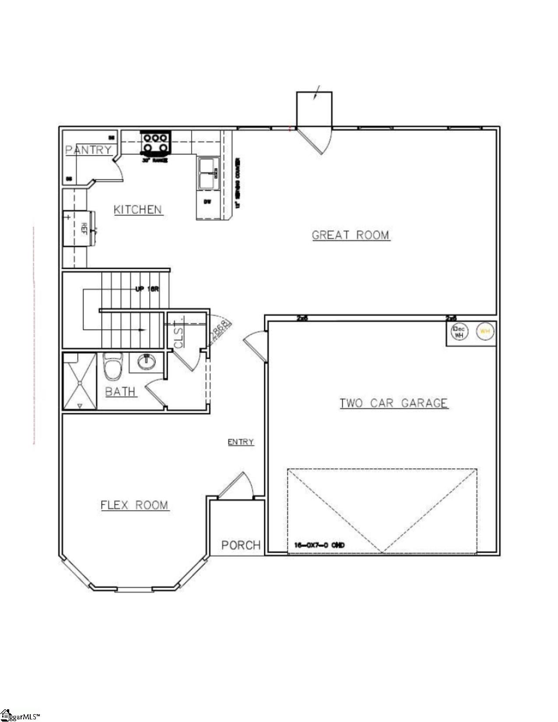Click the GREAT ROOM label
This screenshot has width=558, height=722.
(351, 235)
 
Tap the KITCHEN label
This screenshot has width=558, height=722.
(138, 210)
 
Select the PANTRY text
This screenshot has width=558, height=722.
(88, 150)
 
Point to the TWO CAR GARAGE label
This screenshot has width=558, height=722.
(394, 403)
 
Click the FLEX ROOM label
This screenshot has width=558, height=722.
(135, 505)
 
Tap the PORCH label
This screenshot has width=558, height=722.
(241, 545)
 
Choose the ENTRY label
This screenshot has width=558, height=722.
(241, 442)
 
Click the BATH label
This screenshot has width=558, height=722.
(120, 392)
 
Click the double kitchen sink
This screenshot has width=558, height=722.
(207, 174)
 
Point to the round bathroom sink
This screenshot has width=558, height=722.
(147, 362)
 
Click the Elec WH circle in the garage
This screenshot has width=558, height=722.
(459, 332)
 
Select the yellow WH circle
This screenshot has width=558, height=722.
(484, 331)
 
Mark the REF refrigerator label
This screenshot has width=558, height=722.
(84, 228)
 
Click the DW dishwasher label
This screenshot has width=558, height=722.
(207, 202)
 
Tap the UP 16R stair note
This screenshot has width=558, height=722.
(147, 289)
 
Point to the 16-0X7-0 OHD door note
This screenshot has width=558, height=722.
(319, 545)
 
